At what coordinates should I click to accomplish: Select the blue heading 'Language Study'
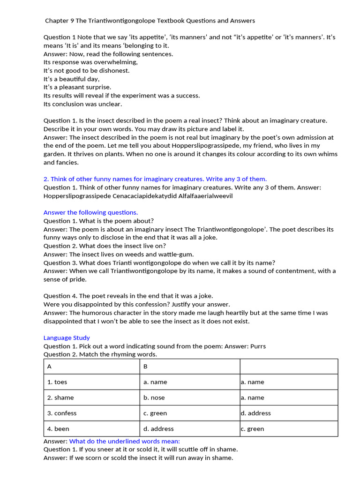coord(67,337)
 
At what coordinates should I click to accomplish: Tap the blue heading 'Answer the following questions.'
coord(90,212)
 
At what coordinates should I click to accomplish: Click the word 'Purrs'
coord(257,346)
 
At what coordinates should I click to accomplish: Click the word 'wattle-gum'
coord(177,254)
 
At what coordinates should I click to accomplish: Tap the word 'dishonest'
coord(112,70)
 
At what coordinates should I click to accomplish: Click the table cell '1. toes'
coord(57,382)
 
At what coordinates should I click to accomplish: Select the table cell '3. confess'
coord(62,413)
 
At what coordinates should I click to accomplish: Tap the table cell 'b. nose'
coord(154,397)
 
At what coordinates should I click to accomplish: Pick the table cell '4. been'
coord(58,429)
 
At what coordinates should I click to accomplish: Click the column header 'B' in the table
coord(145,367)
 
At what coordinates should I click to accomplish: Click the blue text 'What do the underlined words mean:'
coord(125,441)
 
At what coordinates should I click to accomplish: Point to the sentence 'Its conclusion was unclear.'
coord(82,104)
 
